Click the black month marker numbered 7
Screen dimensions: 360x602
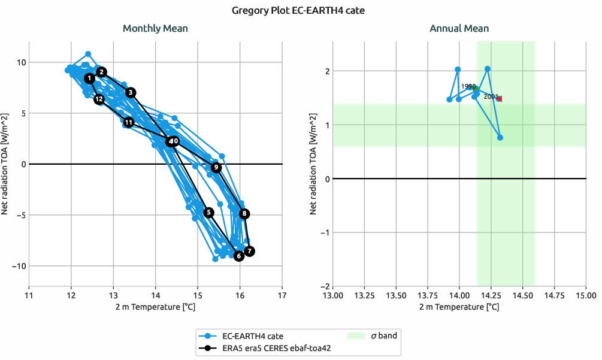point(249,251)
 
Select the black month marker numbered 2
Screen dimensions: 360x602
point(102,72)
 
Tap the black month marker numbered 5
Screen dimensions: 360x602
point(208,212)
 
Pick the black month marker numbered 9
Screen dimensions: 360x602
point(216,167)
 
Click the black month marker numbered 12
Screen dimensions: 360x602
point(99,99)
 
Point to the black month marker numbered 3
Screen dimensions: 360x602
point(131,92)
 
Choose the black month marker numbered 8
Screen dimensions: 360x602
point(244,213)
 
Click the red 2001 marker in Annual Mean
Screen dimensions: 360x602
point(499,99)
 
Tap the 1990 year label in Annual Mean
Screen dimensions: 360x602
point(468,86)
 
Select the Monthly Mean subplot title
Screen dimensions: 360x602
point(155,28)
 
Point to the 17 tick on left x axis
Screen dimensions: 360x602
point(282,294)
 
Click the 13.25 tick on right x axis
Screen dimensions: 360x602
point(364,294)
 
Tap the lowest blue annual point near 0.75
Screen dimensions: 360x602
point(500,138)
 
